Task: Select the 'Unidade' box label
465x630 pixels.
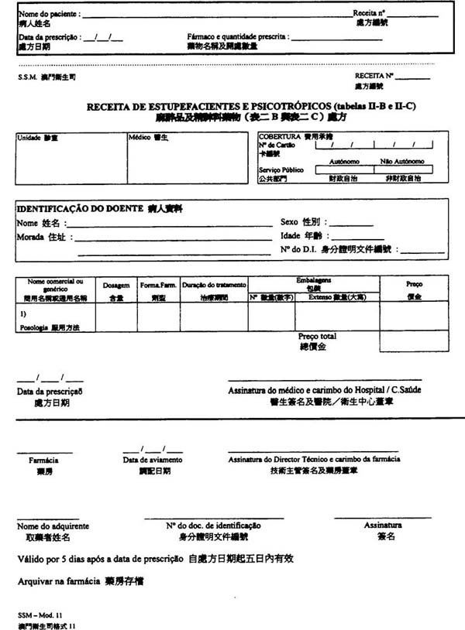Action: (x=28, y=137)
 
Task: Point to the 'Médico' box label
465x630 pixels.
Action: (x=139, y=137)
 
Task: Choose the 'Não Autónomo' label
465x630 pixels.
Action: (x=402, y=161)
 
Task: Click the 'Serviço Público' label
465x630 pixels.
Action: (x=281, y=169)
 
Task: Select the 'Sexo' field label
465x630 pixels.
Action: (x=289, y=222)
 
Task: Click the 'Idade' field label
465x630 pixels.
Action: (x=290, y=235)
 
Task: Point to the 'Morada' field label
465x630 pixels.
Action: (x=30, y=238)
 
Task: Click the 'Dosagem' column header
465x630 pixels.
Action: (x=116, y=285)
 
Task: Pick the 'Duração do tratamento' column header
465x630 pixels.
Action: (x=214, y=285)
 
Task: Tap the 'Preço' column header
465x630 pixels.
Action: (x=414, y=284)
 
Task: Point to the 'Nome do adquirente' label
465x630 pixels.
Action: (x=48, y=526)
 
